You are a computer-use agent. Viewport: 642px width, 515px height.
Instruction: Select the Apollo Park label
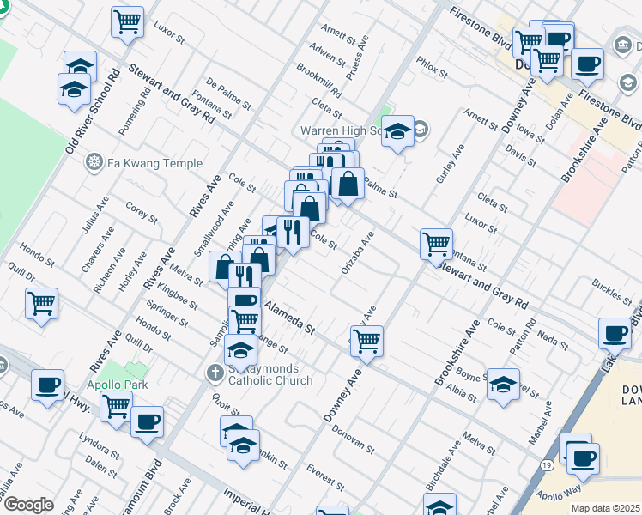pos(116,385)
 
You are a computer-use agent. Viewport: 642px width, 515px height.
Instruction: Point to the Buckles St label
pos(611,289)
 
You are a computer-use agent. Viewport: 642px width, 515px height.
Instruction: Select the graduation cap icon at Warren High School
pos(397,131)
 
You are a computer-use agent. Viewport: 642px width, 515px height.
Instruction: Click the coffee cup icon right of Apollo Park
pos(147,421)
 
